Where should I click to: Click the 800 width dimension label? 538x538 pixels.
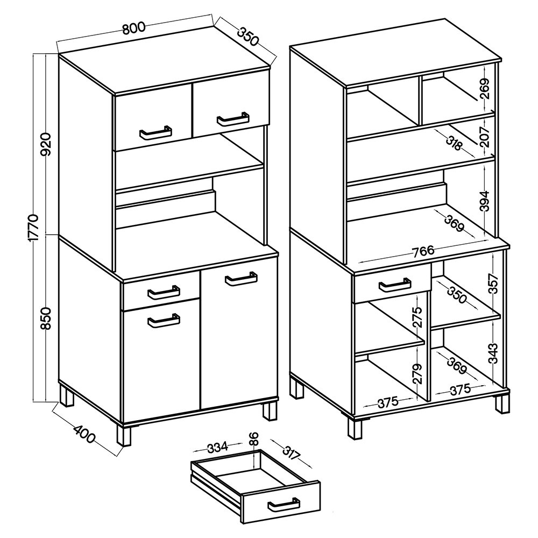(x=134, y=29)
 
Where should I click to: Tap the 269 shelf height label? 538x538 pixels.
(x=485, y=89)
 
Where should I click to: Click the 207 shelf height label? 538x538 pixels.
(x=485, y=137)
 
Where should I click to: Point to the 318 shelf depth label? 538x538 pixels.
(x=454, y=143)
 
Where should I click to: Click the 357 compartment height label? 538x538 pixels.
(x=493, y=284)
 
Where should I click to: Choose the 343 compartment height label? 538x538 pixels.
(x=493, y=353)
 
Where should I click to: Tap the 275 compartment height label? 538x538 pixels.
(x=417, y=317)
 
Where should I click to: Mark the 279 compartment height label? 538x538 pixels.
(x=417, y=374)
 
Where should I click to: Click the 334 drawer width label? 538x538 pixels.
(x=217, y=447)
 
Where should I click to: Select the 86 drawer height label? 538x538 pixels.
(x=254, y=438)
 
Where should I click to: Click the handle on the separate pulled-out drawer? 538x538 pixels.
(x=284, y=505)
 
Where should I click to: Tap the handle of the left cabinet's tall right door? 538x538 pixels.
(x=241, y=279)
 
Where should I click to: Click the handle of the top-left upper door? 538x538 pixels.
(x=156, y=133)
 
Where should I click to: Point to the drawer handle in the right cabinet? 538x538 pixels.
(x=395, y=285)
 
